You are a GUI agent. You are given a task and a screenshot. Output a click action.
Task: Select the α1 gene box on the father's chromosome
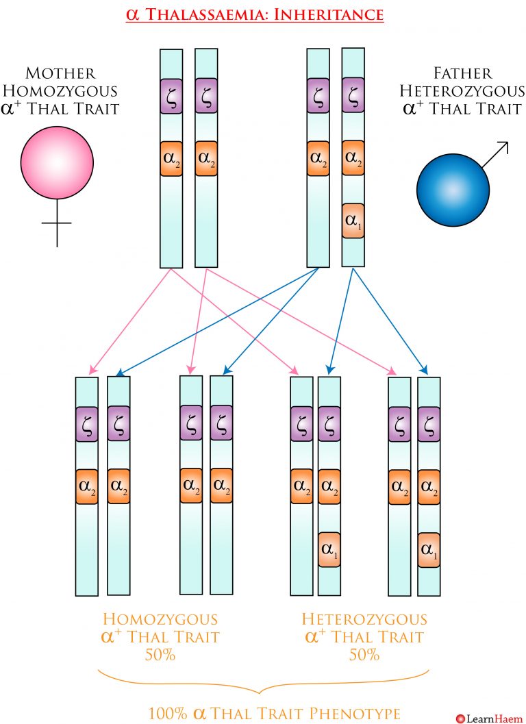coord(352,221)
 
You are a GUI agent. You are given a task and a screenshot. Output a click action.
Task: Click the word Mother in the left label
coord(60,73)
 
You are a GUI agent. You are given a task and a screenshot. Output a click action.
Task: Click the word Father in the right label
coord(460,73)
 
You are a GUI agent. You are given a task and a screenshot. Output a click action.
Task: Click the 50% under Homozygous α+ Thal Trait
coord(160,655)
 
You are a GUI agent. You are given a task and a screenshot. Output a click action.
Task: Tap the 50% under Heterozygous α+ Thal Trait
coord(364,655)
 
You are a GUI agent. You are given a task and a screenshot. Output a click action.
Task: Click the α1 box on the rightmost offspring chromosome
coord(429,549)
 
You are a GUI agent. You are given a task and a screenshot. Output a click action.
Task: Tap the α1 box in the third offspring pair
coord(329,549)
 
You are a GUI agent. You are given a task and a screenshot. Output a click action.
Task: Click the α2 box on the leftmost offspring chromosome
coord(87,487)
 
